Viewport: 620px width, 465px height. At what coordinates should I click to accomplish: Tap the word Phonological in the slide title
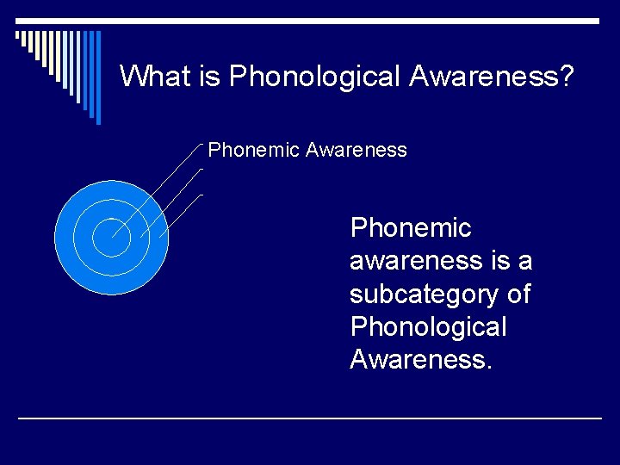point(314,77)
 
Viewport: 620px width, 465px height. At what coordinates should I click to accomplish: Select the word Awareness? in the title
point(492,76)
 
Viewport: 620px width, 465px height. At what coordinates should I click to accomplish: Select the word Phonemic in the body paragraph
point(411,228)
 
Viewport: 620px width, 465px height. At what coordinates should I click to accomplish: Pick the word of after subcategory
point(518,294)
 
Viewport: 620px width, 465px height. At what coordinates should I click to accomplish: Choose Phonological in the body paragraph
point(429,326)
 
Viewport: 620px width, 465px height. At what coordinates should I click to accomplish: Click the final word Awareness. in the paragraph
point(421,359)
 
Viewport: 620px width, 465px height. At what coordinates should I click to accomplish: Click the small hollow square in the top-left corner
point(19,36)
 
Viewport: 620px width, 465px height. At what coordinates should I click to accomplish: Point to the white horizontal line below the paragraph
point(310,418)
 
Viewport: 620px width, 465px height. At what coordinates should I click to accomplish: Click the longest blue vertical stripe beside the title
point(97,77)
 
